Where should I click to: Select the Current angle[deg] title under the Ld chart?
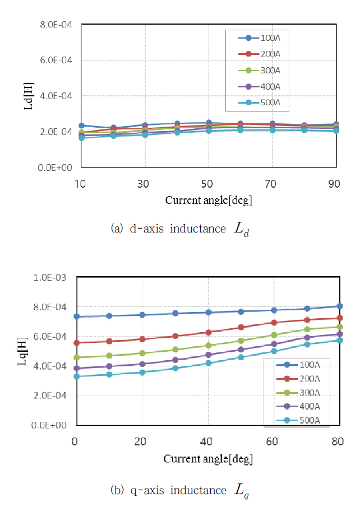click(x=208, y=200)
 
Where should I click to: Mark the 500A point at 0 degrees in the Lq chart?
click(x=76, y=376)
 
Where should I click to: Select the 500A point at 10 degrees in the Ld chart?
click(x=81, y=138)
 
